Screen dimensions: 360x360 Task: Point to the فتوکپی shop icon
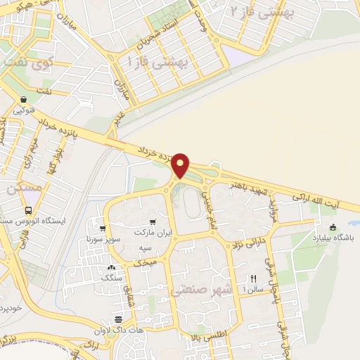[25, 99]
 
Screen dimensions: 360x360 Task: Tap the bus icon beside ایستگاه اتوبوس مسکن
[28, 210]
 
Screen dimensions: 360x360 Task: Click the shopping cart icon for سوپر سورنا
[103, 229]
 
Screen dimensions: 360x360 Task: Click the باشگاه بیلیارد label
[333, 237]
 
